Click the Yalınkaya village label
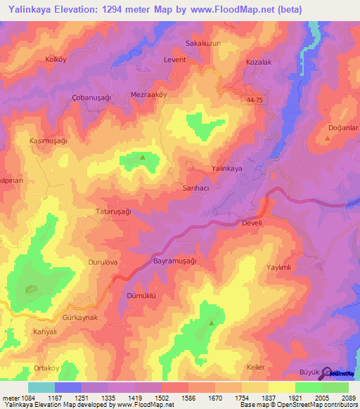point(226,169)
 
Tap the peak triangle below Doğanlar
point(328,138)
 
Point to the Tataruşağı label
point(113,211)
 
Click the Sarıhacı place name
point(196,190)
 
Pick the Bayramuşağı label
point(174,260)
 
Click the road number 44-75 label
point(255,100)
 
